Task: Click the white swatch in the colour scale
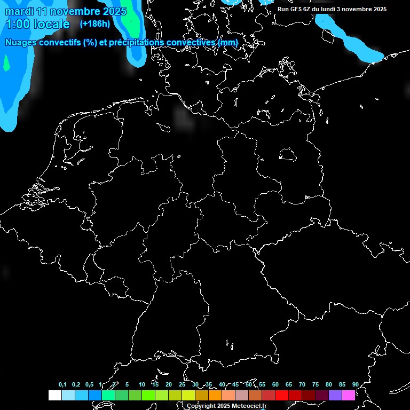coord(54,395)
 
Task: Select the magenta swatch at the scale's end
coord(349,395)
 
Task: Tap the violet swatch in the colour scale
coord(335,395)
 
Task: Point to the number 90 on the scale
coord(355,384)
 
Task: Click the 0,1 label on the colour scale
coord(62,384)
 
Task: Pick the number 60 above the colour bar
coord(275,384)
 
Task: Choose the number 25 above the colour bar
coord(182,384)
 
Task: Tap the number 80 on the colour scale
coord(328,384)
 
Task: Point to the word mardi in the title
coord(19,11)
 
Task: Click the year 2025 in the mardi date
coord(113,11)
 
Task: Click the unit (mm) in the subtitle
coord(228,42)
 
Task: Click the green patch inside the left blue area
coord(6,63)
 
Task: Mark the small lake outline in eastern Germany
coord(288,155)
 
